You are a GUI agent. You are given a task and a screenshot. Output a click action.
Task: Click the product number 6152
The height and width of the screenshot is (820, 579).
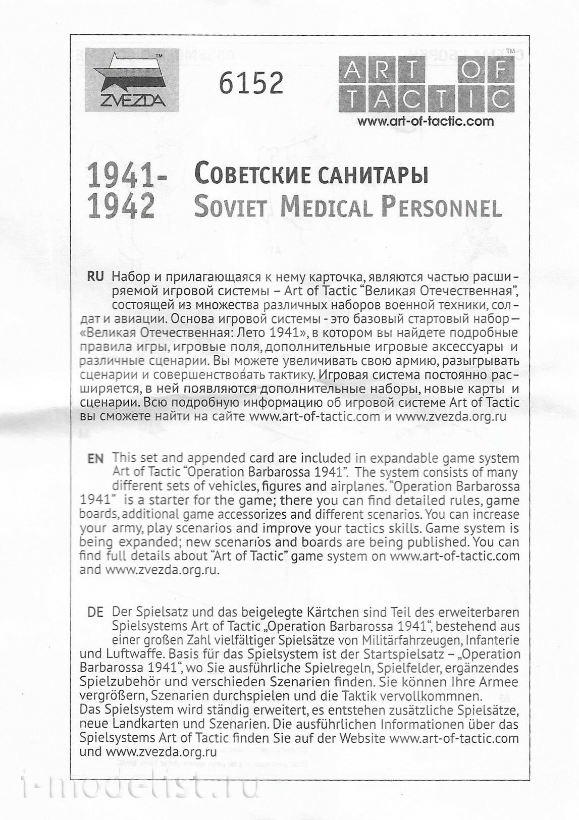tap(250, 83)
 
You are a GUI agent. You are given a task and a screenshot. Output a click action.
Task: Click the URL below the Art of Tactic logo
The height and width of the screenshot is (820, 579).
tap(425, 122)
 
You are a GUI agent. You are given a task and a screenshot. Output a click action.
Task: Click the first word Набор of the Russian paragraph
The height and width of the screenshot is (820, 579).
tap(129, 277)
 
